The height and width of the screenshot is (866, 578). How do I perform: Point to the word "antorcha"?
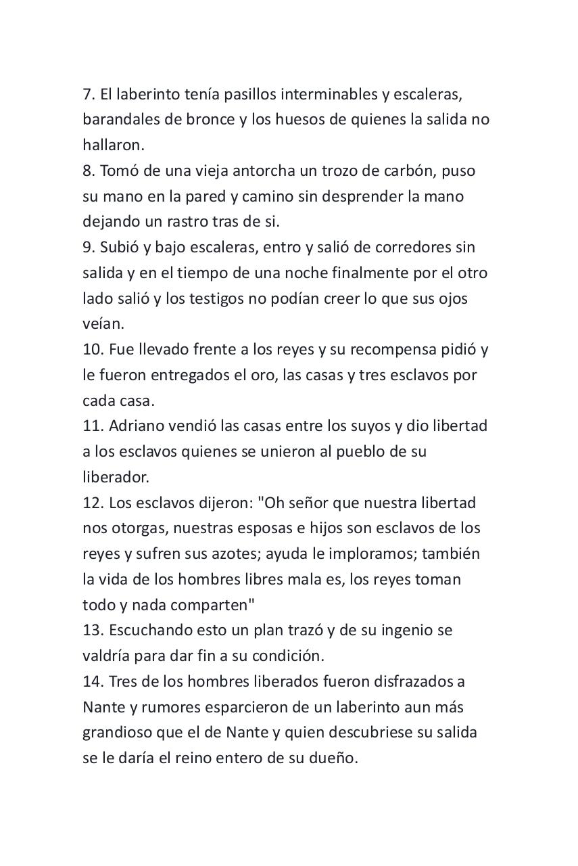pos(227,170)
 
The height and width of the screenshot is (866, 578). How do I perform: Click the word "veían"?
pos(103,324)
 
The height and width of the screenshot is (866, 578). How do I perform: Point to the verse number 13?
pos(93,631)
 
